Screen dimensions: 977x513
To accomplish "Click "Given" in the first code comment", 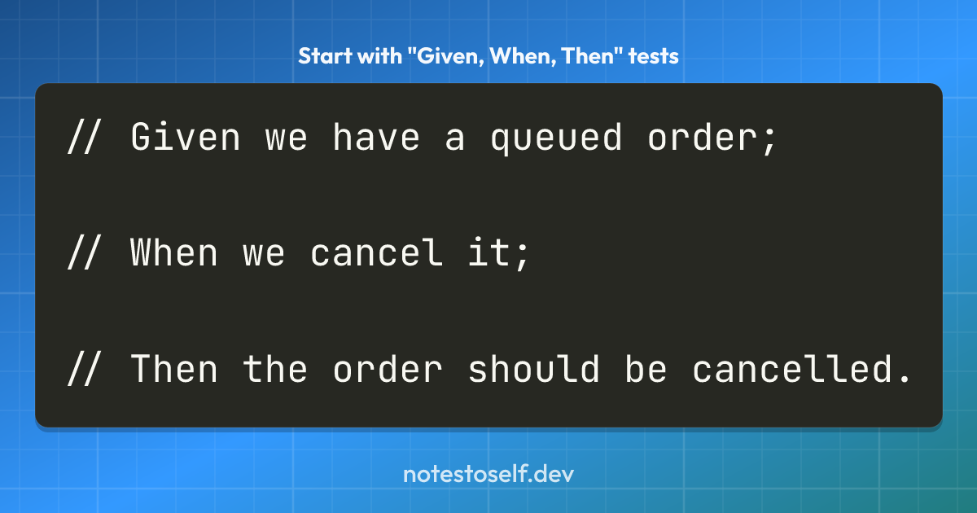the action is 186,137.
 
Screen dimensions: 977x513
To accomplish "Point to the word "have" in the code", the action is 376,137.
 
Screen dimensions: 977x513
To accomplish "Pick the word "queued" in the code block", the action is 556,138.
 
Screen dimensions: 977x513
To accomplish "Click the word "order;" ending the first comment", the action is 712,138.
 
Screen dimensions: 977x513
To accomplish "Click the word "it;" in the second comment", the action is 498,253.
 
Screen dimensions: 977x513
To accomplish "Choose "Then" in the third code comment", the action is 173,368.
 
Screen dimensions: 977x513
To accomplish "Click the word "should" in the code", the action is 533,368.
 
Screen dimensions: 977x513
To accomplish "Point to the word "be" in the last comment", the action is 646,368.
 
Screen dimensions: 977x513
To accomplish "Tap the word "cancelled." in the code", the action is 802,368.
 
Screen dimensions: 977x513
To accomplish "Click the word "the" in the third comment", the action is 275,368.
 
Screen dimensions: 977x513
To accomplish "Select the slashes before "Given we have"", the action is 84,137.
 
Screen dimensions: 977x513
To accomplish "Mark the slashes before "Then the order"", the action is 84,368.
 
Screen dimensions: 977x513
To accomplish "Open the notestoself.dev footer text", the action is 488,474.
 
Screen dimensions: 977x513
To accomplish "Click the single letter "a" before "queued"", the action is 455,140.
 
